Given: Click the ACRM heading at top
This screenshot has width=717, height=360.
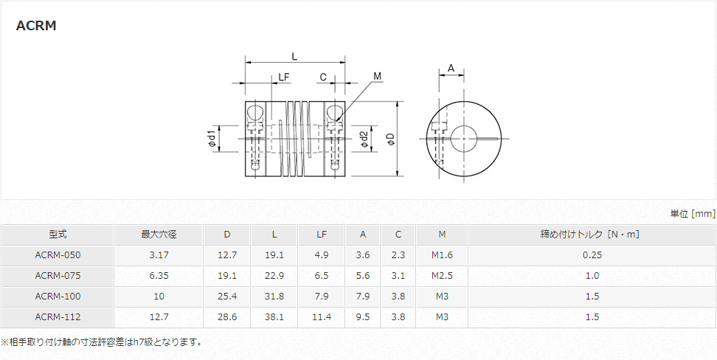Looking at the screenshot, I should [x=36, y=26].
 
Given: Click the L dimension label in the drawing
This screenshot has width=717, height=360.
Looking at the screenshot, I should [x=294, y=56].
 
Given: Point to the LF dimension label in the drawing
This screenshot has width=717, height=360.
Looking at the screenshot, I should [x=284, y=77].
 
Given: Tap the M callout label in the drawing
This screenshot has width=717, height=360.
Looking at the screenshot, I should [x=377, y=76].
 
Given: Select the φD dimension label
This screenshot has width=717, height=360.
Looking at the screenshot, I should [x=391, y=139].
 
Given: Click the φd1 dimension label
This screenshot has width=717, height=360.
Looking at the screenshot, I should [x=212, y=139].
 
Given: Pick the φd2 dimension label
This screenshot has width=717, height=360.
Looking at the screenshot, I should [x=364, y=139].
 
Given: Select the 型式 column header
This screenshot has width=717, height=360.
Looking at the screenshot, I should [x=58, y=235].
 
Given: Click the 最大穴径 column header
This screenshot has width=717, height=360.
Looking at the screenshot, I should [x=159, y=235].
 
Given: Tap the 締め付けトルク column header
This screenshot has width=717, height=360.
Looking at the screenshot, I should [x=591, y=235].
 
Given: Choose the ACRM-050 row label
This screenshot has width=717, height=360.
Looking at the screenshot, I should [x=58, y=255].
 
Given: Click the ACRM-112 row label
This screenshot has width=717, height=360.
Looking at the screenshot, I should [x=58, y=317].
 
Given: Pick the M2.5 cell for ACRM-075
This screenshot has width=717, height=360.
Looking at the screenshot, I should [x=441, y=276].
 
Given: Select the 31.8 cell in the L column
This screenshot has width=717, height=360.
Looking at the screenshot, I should [x=274, y=297].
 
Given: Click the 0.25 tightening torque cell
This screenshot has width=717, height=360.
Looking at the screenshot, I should [x=591, y=255].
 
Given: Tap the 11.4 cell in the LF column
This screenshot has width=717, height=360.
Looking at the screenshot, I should [x=322, y=317].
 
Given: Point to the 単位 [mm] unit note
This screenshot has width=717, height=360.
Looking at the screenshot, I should [x=692, y=213].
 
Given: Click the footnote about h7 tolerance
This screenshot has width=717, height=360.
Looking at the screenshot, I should [x=102, y=342].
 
